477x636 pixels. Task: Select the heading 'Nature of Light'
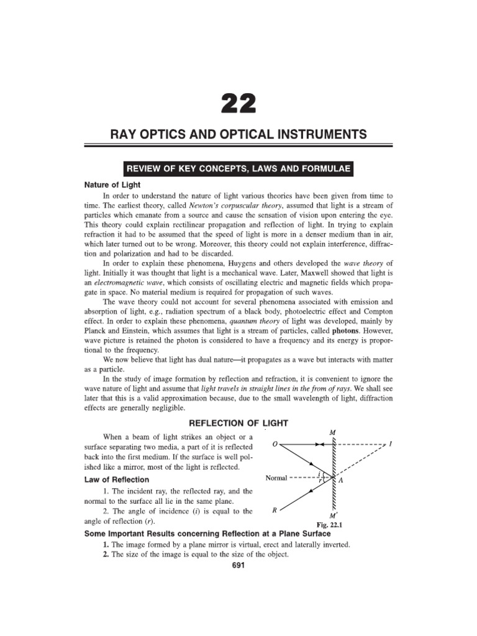tap(112, 184)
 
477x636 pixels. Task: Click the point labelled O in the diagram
tap(275, 445)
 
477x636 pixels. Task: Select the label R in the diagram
tap(275, 511)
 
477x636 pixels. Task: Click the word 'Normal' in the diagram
tap(277, 478)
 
